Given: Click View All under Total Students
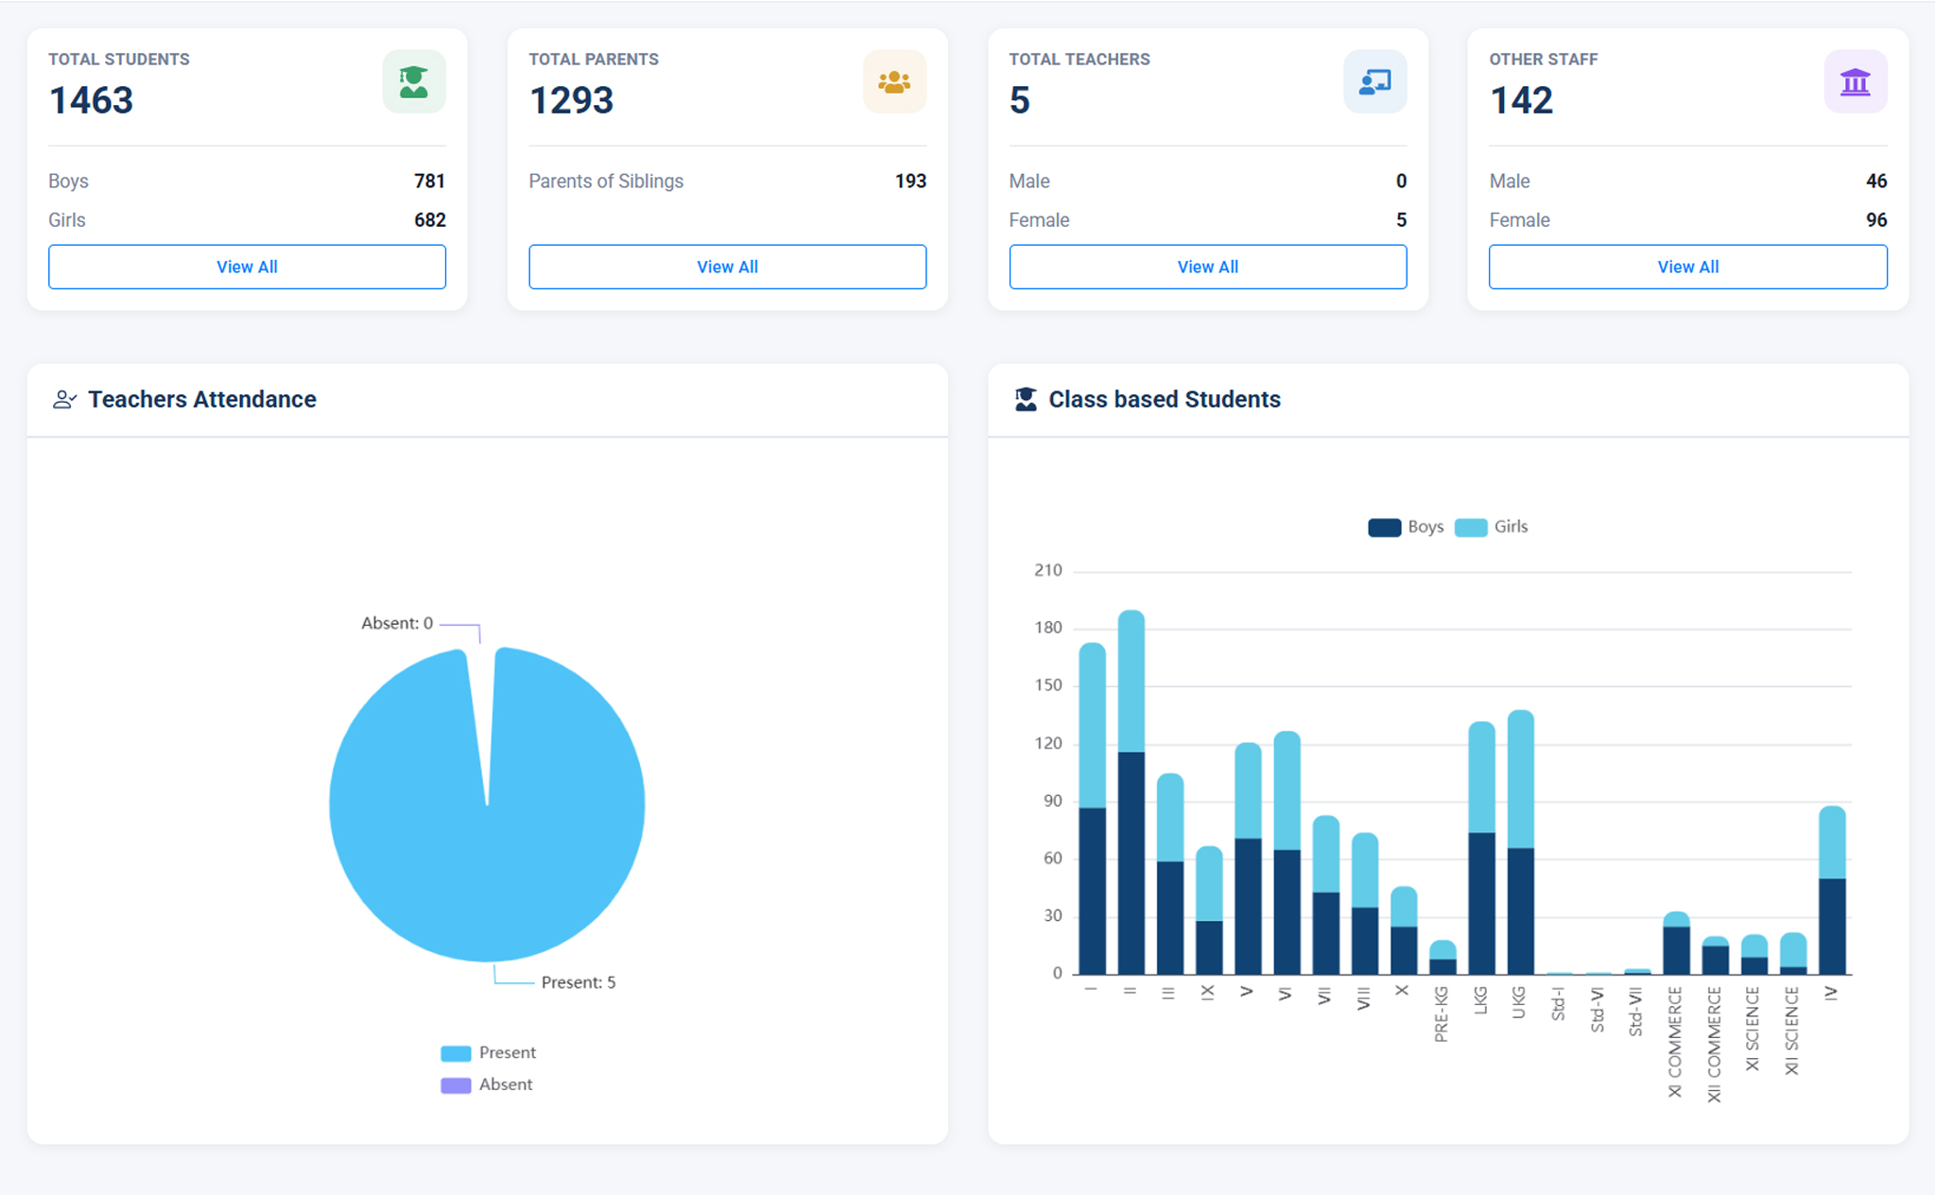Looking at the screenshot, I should tap(247, 267).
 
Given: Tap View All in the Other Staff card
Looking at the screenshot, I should tap(1687, 267).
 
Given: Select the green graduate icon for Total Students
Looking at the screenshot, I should tap(414, 82).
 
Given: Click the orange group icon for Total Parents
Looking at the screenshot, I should tap(894, 82).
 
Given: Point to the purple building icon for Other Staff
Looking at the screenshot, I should tap(1855, 82).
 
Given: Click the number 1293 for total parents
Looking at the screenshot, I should tap(571, 100).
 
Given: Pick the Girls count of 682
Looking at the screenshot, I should tap(429, 220).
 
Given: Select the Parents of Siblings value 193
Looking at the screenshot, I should tap(910, 181).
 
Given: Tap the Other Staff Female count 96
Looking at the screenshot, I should tap(1875, 220).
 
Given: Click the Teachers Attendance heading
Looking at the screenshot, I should tap(201, 399).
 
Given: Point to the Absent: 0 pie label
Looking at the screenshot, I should tap(397, 623).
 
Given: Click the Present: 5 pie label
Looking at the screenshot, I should tap(578, 982).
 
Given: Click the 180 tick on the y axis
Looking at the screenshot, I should tap(1048, 628).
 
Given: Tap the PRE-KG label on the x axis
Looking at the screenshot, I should tap(1441, 1013).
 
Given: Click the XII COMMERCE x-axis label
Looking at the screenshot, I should tap(1714, 1044).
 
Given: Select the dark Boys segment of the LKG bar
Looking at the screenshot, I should tap(1481, 903).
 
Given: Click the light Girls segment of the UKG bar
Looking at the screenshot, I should tap(1520, 779).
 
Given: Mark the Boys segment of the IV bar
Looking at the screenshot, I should tap(1832, 927).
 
